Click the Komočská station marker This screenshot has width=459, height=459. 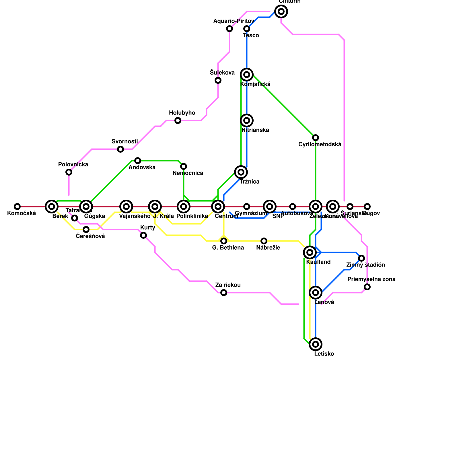(17, 207)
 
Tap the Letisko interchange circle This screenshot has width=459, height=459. (316, 344)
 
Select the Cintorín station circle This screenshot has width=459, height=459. (281, 11)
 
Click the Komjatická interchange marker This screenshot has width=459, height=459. (247, 75)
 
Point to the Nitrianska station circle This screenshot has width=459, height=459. (247, 120)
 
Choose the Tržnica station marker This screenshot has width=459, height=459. (241, 172)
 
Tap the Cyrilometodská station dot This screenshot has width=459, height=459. (316, 138)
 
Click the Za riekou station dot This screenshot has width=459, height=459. (224, 293)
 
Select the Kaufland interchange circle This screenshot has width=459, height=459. (310, 252)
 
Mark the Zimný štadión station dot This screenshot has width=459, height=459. (361, 258)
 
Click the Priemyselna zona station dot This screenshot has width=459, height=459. (367, 287)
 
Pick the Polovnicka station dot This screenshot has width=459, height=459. (69, 172)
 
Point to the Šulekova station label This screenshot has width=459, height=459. (222, 73)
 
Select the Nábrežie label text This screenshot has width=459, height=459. (268, 248)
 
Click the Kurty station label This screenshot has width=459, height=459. (147, 228)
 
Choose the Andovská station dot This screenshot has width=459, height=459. (138, 161)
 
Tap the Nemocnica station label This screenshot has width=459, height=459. (188, 173)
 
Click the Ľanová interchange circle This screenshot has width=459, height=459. (316, 293)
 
